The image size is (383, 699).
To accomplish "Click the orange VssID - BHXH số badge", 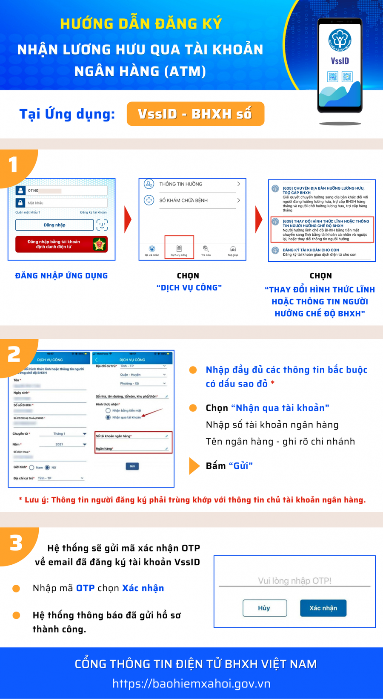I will (x=195, y=114).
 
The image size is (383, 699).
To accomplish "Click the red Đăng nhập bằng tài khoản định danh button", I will (x=61, y=244).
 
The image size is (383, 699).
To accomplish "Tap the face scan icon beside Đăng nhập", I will (x=102, y=225).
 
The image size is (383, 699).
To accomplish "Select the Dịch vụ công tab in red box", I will (x=179, y=248).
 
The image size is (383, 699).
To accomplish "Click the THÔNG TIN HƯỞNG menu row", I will (x=192, y=184).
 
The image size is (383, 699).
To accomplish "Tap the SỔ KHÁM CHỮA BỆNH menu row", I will (x=192, y=200).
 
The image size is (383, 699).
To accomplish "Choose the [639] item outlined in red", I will (x=322, y=230).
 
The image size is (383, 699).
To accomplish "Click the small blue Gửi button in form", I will (x=132, y=466).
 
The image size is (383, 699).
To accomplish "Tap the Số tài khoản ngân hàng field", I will (x=133, y=436).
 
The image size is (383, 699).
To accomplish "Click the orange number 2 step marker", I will (x=14, y=354).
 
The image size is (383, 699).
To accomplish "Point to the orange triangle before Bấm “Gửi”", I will (x=194, y=466).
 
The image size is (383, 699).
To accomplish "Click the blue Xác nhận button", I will (x=323, y=608).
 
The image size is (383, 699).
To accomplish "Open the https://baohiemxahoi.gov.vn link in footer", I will (x=191, y=684).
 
